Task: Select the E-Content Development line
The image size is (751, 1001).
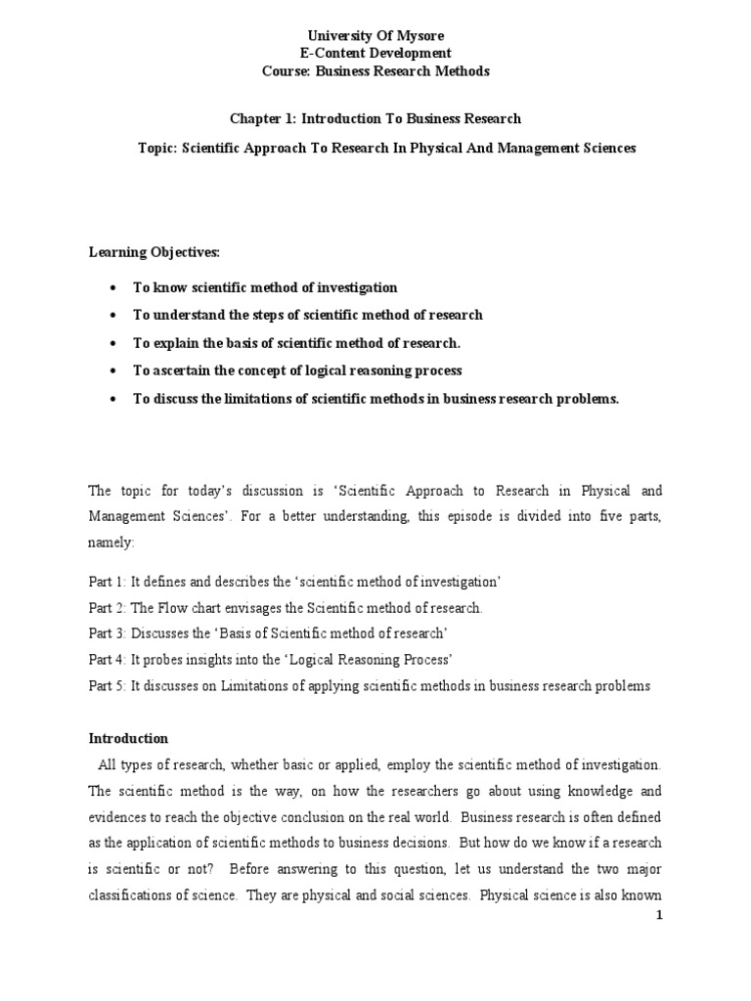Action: click(x=376, y=54)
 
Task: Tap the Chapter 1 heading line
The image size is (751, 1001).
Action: click(x=375, y=118)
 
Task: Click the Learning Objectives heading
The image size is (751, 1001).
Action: click(x=155, y=252)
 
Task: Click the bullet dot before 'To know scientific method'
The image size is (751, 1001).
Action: click(x=114, y=287)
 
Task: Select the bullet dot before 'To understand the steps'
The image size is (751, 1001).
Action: click(x=114, y=316)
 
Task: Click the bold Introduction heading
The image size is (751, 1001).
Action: click(x=129, y=738)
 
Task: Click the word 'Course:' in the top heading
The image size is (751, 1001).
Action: click(x=290, y=71)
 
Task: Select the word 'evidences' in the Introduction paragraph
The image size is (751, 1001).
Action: click(x=120, y=815)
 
